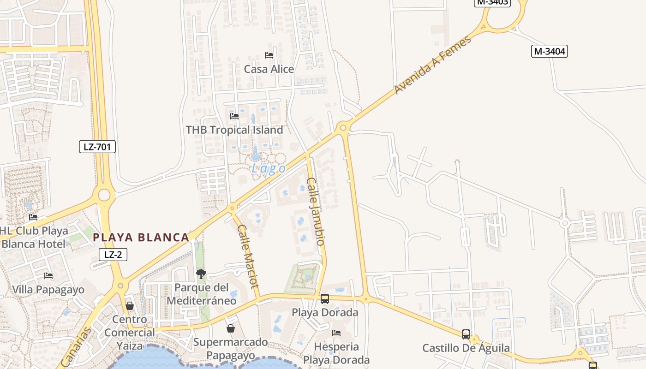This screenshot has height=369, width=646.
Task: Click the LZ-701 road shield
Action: pos(97,147)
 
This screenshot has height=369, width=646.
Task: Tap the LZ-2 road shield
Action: pos(113,254)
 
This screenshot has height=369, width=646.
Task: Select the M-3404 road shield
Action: pos(549,51)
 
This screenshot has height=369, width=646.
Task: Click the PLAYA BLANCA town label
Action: pos(141,238)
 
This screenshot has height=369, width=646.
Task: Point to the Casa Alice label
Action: pos(269,69)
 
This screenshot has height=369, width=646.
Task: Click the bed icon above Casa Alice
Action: pos(269,55)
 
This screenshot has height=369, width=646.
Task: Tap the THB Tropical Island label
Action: pos(234,130)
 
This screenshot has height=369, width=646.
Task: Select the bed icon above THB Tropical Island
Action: pos(234,116)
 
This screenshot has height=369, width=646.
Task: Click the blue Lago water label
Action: pos(268,169)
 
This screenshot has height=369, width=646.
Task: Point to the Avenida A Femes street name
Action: pos(432,65)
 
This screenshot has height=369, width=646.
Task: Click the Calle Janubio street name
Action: pos(317,211)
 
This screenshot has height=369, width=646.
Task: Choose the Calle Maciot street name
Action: pos(248,256)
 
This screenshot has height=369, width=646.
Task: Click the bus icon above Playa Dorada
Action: pos(325,298)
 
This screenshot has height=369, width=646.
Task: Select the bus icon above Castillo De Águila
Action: pos(466,334)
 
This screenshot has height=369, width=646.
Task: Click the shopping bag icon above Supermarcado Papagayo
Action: pos(231,328)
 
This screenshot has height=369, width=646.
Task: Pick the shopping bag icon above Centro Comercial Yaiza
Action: pos(130,306)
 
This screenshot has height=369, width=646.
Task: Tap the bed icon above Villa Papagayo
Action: pos(48,276)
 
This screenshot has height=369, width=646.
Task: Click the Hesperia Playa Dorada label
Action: pos(336,353)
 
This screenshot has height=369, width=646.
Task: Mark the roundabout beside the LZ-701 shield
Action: pos(104,195)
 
